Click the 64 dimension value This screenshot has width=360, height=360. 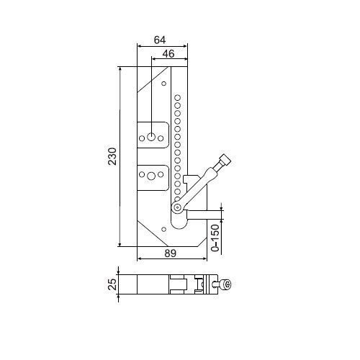[160, 40]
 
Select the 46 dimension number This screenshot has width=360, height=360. [168, 54]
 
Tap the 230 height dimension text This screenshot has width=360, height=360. [112, 156]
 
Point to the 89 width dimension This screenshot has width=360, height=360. [171, 253]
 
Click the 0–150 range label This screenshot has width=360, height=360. [215, 238]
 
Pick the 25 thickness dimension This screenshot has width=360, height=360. [112, 284]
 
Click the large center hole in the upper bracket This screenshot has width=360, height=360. [151, 138]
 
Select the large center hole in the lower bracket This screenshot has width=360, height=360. [151, 176]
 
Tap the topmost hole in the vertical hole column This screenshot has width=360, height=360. [177, 98]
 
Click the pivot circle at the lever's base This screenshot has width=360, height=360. [177, 207]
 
